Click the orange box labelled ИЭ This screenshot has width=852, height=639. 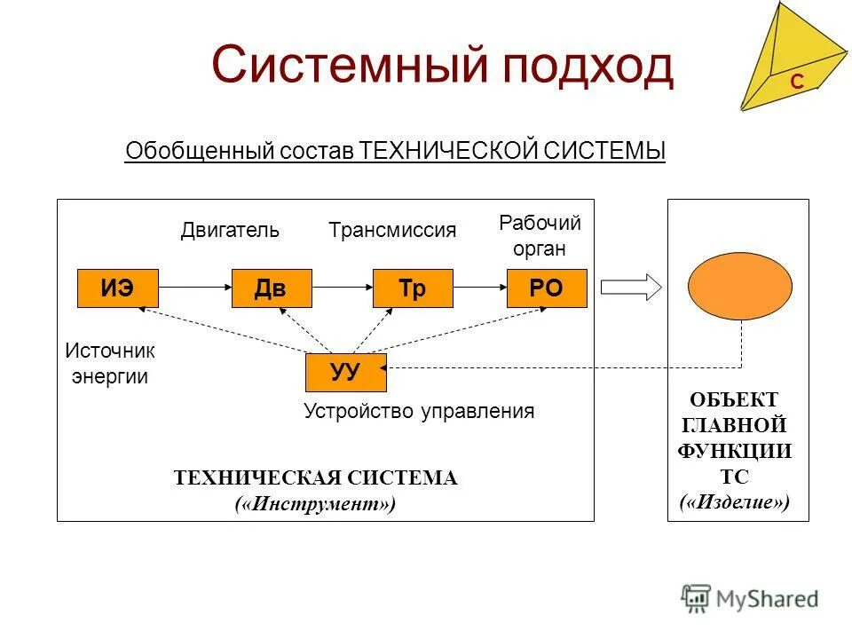(117, 288)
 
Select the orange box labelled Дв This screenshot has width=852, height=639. (272, 288)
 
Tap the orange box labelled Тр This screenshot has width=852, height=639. (413, 288)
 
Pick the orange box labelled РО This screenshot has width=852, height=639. (547, 288)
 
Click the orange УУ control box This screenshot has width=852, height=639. (345, 372)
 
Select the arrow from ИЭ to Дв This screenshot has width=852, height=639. (194, 288)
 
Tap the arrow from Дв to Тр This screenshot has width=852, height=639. (343, 288)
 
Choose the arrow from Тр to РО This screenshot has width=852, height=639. (479, 288)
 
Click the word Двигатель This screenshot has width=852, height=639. (230, 231)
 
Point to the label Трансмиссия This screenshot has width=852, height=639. (392, 231)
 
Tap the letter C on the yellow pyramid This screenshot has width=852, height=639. (797, 83)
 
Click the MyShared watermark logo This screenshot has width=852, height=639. (750, 599)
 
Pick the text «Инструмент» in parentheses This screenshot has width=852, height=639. (315, 504)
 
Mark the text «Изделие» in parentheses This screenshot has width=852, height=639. (735, 503)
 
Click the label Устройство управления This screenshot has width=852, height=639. (419, 411)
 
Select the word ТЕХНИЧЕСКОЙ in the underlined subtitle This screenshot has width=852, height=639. (449, 152)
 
